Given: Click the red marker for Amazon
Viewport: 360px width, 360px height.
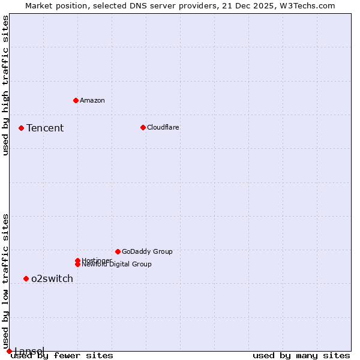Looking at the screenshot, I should tap(76, 100).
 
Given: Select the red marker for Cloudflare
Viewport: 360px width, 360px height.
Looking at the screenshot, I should tap(143, 127).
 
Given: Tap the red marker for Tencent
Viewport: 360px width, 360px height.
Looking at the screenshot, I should tap(21, 128).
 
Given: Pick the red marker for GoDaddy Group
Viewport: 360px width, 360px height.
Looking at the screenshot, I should tap(118, 251).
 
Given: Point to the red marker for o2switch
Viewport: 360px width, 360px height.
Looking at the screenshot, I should tap(26, 278).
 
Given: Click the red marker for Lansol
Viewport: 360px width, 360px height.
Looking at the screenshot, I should tap(9, 351).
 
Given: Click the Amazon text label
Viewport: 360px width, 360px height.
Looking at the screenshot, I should tap(92, 100).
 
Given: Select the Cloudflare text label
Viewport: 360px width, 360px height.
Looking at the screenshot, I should tap(163, 127).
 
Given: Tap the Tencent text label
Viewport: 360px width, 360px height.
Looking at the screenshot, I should tap(45, 128).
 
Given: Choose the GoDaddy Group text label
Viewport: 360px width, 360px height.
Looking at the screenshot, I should tap(147, 251).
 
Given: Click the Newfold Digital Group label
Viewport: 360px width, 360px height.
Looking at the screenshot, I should tap(117, 265).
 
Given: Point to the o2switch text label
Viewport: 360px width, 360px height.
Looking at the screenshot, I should tap(52, 278).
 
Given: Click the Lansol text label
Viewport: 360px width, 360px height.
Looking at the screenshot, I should tap(29, 350).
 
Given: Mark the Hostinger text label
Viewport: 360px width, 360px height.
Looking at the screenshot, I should tap(97, 260).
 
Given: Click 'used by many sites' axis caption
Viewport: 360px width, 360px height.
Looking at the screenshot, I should tap(301, 356).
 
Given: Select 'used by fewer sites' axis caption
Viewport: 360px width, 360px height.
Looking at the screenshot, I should tap(62, 356).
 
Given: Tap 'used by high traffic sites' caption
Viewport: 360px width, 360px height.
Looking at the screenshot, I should tap(6, 85).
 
